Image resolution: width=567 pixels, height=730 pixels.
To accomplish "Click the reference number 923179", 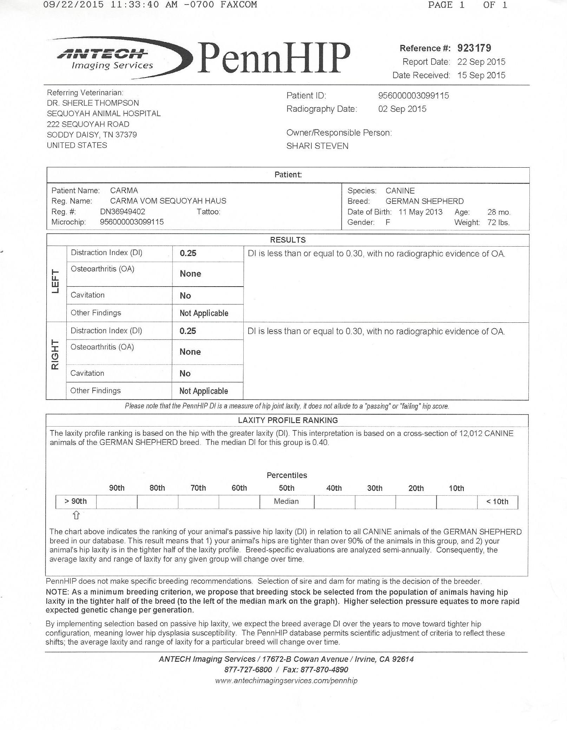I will [474, 48].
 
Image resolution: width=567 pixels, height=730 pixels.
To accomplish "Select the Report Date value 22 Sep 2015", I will [481, 62].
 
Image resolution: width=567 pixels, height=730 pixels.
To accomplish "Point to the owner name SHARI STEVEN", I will [317, 146].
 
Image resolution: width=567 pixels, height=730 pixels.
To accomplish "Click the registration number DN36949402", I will [123, 212].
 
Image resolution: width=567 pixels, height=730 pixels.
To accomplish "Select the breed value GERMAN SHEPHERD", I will [424, 201].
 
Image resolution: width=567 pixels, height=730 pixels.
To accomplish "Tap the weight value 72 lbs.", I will [498, 222].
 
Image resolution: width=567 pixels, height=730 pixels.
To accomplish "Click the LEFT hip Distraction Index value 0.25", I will [188, 253].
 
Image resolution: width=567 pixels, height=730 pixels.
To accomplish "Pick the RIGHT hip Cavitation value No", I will [185, 373].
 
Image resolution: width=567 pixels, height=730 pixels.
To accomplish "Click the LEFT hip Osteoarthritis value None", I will [190, 274].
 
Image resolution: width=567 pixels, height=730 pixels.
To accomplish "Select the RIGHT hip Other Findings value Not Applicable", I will [204, 391].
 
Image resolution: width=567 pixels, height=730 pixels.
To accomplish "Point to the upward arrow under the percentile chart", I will [76, 515].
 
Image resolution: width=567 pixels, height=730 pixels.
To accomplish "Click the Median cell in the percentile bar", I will [286, 501].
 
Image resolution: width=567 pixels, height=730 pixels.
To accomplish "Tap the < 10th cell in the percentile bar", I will [497, 502].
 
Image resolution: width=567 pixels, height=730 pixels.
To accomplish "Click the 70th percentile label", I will [198, 488].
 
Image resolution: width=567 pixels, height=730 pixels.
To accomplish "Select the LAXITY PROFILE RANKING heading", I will [288, 420].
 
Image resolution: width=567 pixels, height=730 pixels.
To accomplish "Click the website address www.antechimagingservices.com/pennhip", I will [286, 681].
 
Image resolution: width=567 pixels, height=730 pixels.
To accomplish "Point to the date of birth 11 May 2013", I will [420, 212].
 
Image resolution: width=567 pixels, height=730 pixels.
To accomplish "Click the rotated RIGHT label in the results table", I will [55, 354].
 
